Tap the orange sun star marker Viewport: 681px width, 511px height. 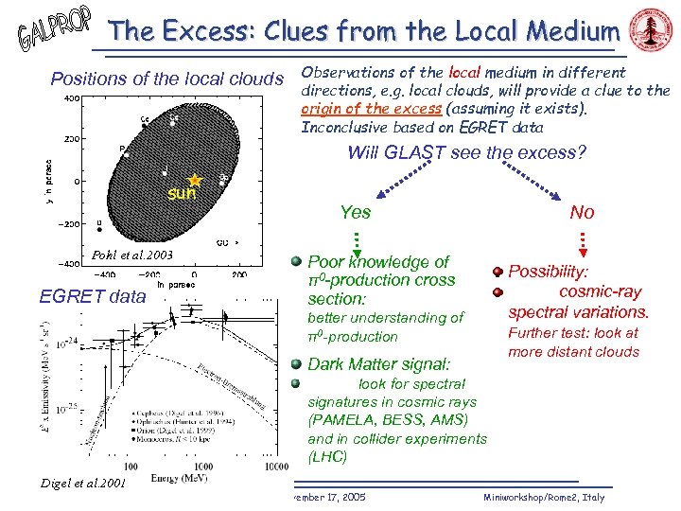(x=195, y=180)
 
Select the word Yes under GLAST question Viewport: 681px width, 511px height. (x=356, y=213)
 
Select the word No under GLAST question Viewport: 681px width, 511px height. (x=582, y=213)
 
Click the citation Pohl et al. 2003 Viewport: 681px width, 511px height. (x=132, y=256)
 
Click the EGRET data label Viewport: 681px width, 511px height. (x=93, y=297)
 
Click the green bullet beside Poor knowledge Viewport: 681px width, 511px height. (x=296, y=260)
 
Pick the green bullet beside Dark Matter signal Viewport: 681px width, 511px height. (x=296, y=362)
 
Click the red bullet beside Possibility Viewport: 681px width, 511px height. (x=498, y=271)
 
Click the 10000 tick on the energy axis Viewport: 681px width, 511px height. (x=275, y=467)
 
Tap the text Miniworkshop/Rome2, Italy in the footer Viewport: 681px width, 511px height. (x=543, y=497)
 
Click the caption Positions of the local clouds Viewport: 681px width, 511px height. (x=166, y=78)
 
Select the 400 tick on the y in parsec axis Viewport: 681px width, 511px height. (x=72, y=97)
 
